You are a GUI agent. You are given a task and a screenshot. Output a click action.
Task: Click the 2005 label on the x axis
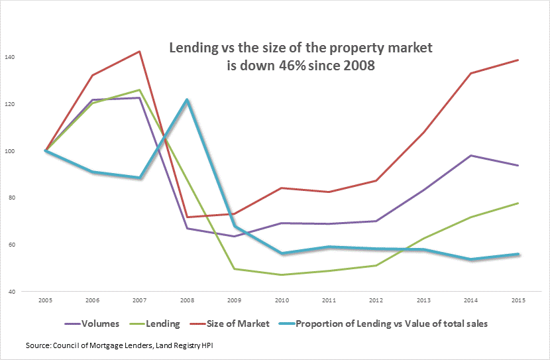click(x=46, y=301)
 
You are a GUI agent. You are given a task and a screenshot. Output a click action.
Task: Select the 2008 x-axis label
click(x=188, y=301)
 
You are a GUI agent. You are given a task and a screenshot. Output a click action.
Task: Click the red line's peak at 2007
click(x=140, y=51)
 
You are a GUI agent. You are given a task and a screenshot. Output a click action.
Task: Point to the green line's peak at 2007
click(x=140, y=90)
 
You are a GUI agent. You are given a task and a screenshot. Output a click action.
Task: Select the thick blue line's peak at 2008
click(x=188, y=100)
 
